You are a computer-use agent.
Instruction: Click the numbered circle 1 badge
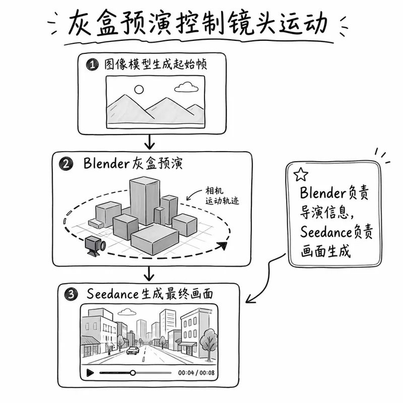[x=92, y=65]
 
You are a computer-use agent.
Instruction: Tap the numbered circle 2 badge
[x=66, y=164]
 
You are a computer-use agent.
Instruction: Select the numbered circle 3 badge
[x=71, y=294]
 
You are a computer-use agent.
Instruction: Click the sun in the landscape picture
[x=139, y=89]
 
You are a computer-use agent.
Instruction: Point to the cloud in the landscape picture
[x=186, y=87]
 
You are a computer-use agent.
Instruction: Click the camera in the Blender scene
[x=95, y=246]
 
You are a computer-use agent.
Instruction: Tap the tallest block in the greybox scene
[x=145, y=201]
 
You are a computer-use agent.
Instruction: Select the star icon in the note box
[x=300, y=174]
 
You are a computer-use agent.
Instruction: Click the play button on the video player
[x=90, y=372]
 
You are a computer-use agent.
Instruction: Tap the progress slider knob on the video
[x=133, y=373]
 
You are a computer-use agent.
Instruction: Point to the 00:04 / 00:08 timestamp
[x=196, y=373]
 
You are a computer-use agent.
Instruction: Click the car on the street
[x=133, y=350]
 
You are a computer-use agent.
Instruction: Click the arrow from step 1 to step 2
[x=149, y=142]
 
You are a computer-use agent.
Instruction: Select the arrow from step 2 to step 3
[x=149, y=273]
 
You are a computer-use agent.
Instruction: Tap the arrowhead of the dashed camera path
[x=223, y=246]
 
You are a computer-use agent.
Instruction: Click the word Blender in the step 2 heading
[x=107, y=163]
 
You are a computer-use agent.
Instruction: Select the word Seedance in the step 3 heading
[x=113, y=294]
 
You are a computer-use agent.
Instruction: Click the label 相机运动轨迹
[x=222, y=196]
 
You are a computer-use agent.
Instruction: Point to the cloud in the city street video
[x=127, y=312]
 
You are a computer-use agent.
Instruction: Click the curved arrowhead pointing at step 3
[x=250, y=299]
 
